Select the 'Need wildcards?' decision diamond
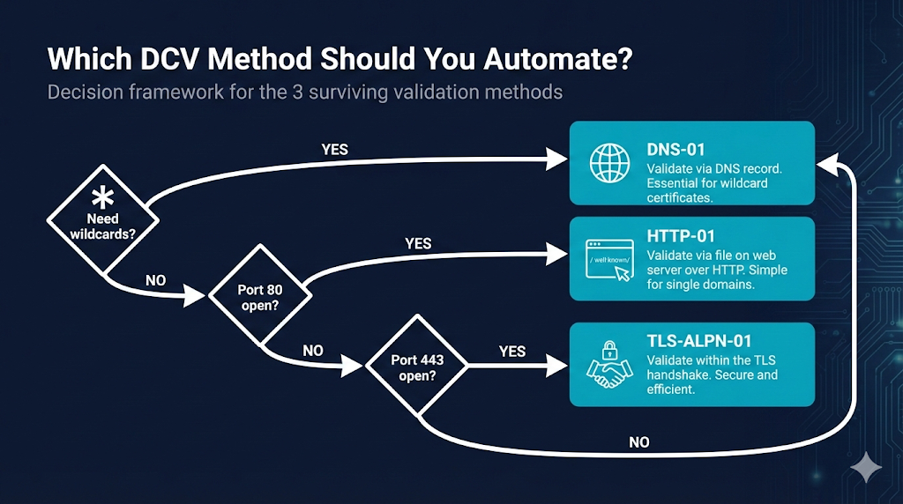tap(103, 219)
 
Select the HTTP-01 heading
tap(680, 236)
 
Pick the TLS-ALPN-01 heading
tap(698, 340)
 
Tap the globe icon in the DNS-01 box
tap(610, 165)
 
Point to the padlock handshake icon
tap(609, 365)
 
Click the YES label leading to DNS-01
tap(335, 149)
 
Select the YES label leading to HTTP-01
tap(418, 242)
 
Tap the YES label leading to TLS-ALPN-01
tap(511, 351)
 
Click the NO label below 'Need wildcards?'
tap(156, 280)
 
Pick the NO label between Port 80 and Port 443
tap(313, 350)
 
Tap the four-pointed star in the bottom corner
tap(865, 467)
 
